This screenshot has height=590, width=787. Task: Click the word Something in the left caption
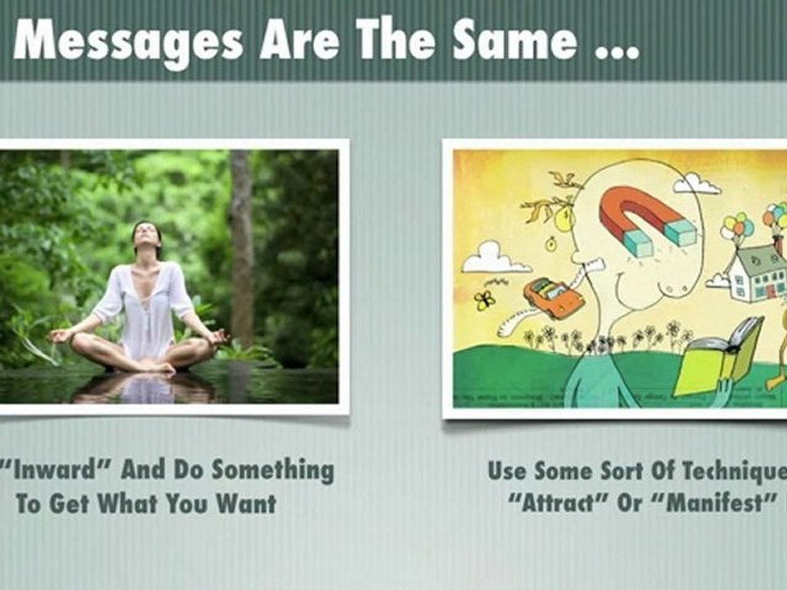pos(272,470)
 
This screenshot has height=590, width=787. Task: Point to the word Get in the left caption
pos(69,503)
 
